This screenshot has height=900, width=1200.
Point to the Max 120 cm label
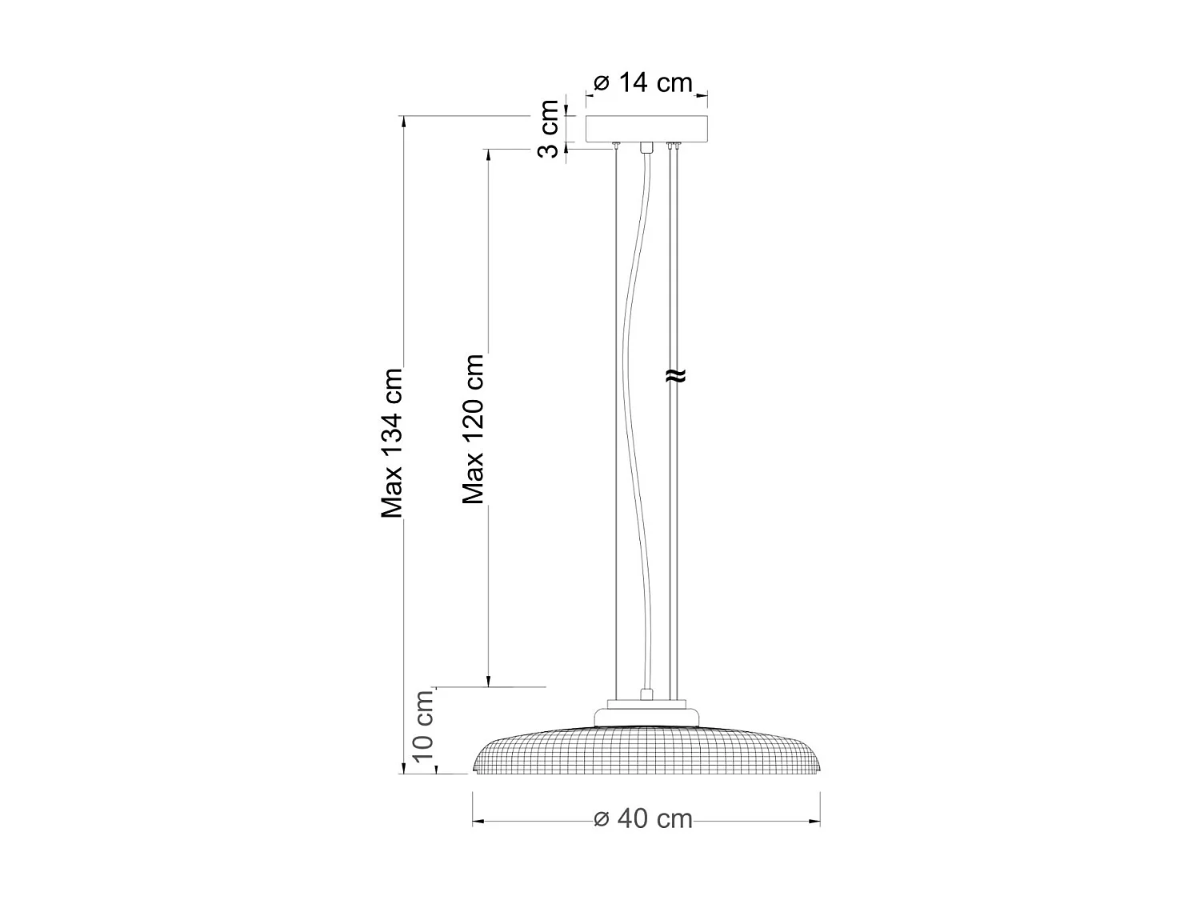[x=474, y=429]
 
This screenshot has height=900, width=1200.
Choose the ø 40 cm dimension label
[x=644, y=819]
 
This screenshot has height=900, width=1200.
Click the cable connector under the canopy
[x=646, y=147]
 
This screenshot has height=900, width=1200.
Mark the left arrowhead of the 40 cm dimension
[x=478, y=821]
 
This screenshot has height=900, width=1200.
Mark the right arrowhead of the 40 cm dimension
[x=816, y=821]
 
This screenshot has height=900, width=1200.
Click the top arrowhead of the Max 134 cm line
[x=404, y=122]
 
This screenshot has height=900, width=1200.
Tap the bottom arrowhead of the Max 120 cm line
[x=487, y=681]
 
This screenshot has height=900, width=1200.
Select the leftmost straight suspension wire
[x=617, y=416]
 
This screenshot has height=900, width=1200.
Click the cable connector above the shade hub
[x=645, y=694]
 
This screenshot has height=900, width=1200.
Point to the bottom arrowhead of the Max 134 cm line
[x=404, y=769]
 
